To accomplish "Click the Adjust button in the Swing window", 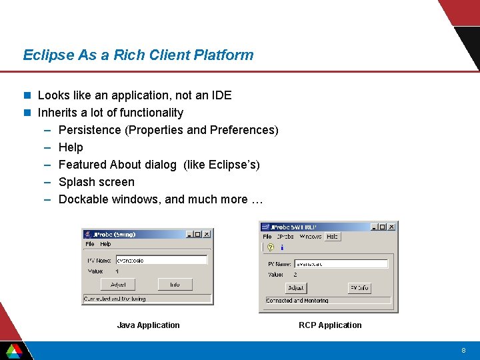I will click(118, 285).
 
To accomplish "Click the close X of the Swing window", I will click(207, 234).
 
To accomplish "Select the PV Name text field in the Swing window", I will click(161, 260).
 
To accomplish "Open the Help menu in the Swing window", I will click(106, 245).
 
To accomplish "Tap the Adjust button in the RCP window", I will click(296, 288).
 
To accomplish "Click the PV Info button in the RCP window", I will click(359, 288).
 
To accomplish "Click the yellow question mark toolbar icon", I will click(271, 247).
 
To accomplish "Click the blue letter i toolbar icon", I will click(282, 247).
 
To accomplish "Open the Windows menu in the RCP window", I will click(310, 237).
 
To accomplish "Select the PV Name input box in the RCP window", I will click(341, 264).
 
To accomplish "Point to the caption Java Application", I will click(148, 325).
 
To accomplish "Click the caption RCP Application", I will click(330, 325).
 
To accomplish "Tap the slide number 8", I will click(463, 351).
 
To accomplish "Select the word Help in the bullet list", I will click(71, 147).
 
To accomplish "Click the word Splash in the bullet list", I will click(77, 182).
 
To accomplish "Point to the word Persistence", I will click(90, 130).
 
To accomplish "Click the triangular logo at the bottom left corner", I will click(13, 350).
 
